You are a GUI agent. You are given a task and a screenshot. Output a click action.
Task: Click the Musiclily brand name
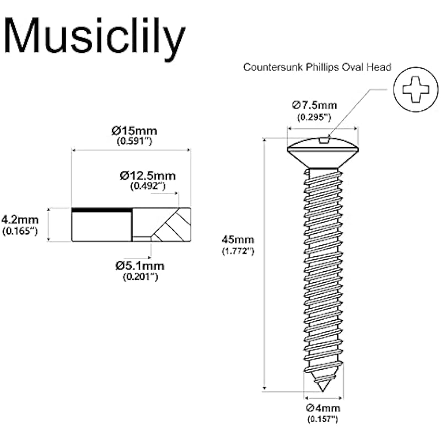94,36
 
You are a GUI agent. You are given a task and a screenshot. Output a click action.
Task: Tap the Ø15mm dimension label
134,131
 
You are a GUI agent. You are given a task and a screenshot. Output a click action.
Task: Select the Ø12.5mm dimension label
148,176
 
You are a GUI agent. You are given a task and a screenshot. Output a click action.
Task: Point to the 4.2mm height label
20,219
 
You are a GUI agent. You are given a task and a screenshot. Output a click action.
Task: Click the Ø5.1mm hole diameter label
140,266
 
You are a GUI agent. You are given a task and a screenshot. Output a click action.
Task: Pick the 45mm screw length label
238,240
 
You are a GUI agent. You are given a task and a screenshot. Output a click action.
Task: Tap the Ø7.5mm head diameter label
314,105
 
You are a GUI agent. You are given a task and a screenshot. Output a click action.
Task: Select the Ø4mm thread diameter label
323,408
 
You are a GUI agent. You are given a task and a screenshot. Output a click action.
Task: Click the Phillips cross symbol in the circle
416,90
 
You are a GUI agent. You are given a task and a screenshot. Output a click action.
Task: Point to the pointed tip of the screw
322,391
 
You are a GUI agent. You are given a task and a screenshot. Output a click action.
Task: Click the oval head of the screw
323,153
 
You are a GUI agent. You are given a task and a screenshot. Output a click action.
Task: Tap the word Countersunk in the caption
273,67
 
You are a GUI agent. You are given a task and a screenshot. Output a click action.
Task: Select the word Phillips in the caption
322,68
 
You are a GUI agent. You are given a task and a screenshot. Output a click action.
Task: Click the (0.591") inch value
135,141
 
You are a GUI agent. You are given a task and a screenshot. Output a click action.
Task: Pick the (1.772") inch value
238,251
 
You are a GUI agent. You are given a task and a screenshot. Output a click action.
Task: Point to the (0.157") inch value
322,419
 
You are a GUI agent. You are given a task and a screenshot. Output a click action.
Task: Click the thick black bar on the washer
102,210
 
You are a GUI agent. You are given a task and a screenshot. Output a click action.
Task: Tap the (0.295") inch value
314,117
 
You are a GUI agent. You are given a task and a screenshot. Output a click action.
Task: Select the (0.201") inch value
141,277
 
